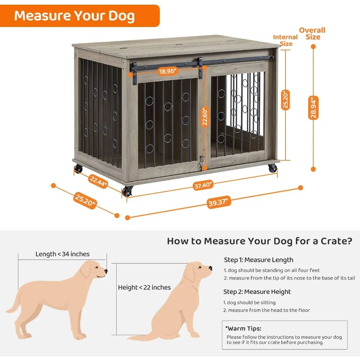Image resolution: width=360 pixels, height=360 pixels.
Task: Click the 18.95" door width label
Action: tap(168, 71)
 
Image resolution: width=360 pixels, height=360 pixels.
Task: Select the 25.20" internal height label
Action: tap(285, 100)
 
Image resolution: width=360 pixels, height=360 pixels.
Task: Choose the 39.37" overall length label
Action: tap(219, 202)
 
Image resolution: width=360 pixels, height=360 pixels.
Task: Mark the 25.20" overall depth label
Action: tap(85, 201)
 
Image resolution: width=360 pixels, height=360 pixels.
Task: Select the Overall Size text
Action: tap(312, 33)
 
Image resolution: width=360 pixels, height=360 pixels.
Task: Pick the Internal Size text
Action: tap(285, 40)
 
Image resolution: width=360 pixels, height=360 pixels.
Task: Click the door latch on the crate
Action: tap(202, 162)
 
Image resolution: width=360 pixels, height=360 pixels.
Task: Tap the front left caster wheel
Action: tap(127, 192)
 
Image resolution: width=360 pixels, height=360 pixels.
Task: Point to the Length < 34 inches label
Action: tap(62, 254)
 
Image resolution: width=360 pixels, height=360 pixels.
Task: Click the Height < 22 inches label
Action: tap(144, 287)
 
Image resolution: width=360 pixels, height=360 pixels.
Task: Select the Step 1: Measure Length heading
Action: tap(258, 260)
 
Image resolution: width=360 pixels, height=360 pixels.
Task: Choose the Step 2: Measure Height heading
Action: tap(257, 292)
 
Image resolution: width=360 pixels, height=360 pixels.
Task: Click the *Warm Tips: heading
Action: tap(243, 328)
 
